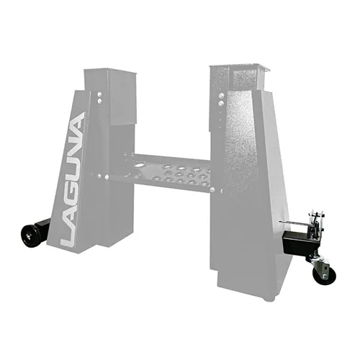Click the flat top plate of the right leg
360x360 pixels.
pos(238,67)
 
